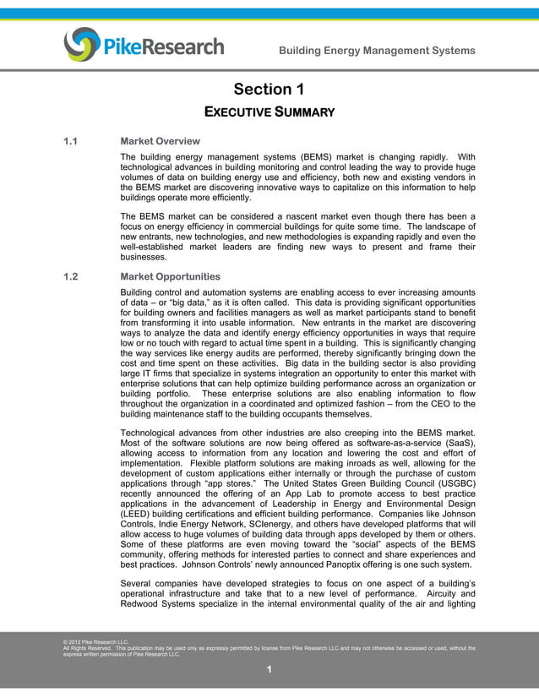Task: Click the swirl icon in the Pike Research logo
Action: click(81, 44)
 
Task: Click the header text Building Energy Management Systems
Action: click(377, 51)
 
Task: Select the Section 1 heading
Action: click(269, 90)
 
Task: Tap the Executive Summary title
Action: click(269, 112)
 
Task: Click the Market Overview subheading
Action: click(161, 141)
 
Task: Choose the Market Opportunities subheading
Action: click(170, 276)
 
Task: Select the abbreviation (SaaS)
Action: click(455, 445)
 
